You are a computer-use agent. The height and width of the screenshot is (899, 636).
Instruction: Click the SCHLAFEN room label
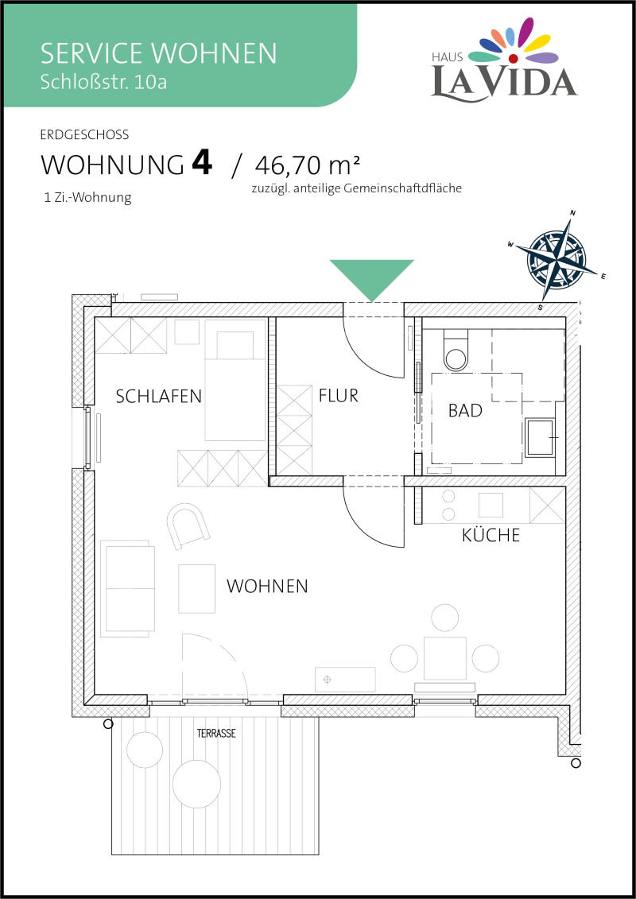pyautogui.click(x=159, y=396)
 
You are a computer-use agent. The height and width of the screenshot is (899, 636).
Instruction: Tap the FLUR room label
pyautogui.click(x=339, y=396)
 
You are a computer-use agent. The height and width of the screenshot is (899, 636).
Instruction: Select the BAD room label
pyautogui.click(x=465, y=410)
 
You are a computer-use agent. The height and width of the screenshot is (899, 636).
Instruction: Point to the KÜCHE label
pyautogui.click(x=491, y=535)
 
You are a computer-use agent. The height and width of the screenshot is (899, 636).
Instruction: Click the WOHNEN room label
pyautogui.click(x=267, y=586)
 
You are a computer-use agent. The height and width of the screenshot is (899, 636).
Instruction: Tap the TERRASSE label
pyautogui.click(x=216, y=734)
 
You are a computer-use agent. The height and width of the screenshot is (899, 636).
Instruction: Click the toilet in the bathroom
pyautogui.click(x=456, y=351)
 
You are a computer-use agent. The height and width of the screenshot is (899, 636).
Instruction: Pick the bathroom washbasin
pyautogui.click(x=541, y=437)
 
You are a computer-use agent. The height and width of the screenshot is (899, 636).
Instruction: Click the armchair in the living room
pyautogui.click(x=188, y=524)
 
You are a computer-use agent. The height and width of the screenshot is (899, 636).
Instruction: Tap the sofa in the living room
pyautogui.click(x=128, y=588)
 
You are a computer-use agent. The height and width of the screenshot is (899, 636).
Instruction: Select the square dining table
pyautogui.click(x=445, y=657)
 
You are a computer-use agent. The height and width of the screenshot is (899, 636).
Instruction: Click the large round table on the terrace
pyautogui.click(x=196, y=784)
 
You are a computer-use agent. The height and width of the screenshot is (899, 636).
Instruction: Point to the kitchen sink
pyautogui.click(x=491, y=505)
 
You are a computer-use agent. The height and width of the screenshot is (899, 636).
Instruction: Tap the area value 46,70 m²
pyautogui.click(x=308, y=165)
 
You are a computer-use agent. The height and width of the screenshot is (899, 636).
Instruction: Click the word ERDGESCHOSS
pyautogui.click(x=85, y=136)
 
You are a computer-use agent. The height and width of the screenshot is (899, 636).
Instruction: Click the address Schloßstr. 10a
pyautogui.click(x=104, y=82)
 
